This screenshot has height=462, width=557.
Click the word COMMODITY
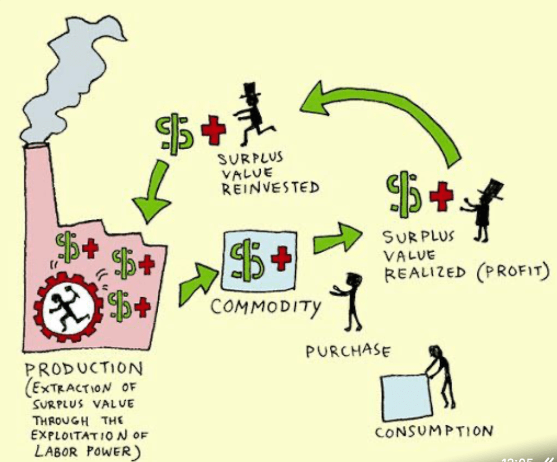point(266,307)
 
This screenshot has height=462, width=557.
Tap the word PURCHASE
point(348,351)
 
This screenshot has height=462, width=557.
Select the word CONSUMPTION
point(434,431)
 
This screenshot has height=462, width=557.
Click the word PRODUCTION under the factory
point(84,368)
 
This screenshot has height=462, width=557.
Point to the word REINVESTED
point(270,187)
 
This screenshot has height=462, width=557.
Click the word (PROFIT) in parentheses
point(512,272)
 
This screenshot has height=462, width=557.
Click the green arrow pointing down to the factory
point(154,192)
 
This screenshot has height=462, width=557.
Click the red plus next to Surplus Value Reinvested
point(213,129)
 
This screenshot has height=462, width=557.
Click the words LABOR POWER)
point(87,451)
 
